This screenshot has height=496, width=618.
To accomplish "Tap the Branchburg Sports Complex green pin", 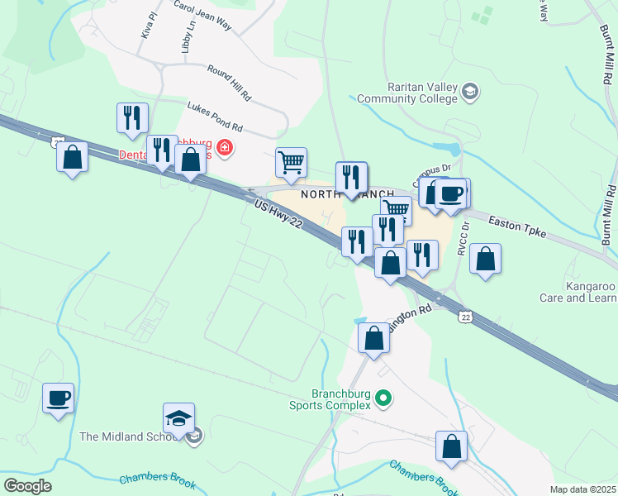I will (383, 399).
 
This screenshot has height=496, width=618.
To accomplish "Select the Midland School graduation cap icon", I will (179, 418).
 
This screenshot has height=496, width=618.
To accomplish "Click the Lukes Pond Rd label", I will (215, 117).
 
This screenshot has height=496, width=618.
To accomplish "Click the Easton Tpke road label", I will (518, 227).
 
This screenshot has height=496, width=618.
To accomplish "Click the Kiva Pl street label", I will (149, 26).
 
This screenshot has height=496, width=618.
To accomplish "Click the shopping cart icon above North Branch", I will (291, 163).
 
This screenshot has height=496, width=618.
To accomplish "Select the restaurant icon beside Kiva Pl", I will (132, 118).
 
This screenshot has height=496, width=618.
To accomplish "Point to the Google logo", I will (27, 486).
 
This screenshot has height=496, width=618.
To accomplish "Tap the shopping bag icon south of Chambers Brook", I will (452, 446).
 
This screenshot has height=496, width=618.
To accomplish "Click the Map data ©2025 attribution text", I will (583, 489).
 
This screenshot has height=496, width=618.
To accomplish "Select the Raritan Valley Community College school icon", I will (470, 90).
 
